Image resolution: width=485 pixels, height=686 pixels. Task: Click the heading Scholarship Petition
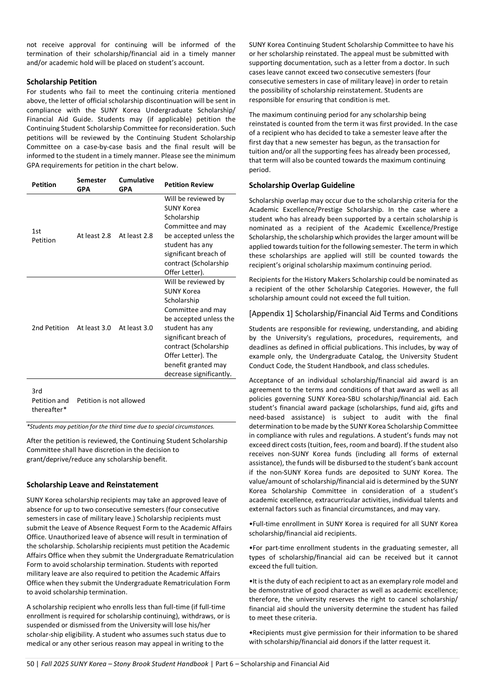coord(61,82)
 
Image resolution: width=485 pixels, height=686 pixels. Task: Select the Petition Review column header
coord(189,185)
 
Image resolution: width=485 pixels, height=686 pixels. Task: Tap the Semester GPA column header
coord(91,185)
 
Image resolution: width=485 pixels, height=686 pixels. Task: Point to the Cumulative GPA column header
coord(136,185)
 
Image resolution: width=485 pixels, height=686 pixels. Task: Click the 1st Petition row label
coord(44,236)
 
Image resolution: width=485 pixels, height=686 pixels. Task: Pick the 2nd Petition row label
coord(50,328)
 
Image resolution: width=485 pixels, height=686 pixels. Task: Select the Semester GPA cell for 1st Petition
coord(93,236)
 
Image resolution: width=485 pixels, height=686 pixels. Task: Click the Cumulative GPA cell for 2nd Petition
coord(135,328)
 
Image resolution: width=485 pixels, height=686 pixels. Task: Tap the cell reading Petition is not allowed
coord(111,401)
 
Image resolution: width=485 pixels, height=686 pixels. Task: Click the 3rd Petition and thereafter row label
coord(50,401)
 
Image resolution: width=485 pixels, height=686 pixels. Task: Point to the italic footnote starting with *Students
coord(120,427)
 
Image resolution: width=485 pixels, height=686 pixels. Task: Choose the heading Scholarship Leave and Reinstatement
coord(92,485)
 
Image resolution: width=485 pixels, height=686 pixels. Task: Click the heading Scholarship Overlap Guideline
coord(301,185)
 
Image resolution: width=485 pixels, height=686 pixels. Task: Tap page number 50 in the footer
coord(30,664)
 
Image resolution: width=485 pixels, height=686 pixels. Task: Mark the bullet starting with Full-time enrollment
coord(353,528)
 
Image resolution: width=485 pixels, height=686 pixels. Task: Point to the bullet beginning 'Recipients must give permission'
coord(353,637)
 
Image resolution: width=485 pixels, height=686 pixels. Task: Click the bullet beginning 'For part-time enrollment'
coord(353,557)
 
